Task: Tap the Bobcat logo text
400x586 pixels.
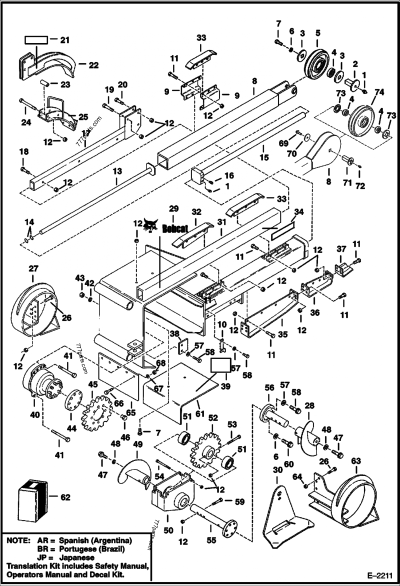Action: tap(175, 228)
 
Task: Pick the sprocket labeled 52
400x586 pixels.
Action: tap(206, 448)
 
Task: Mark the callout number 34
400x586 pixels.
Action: tap(298, 213)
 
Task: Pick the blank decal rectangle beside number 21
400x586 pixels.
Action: tap(36, 39)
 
